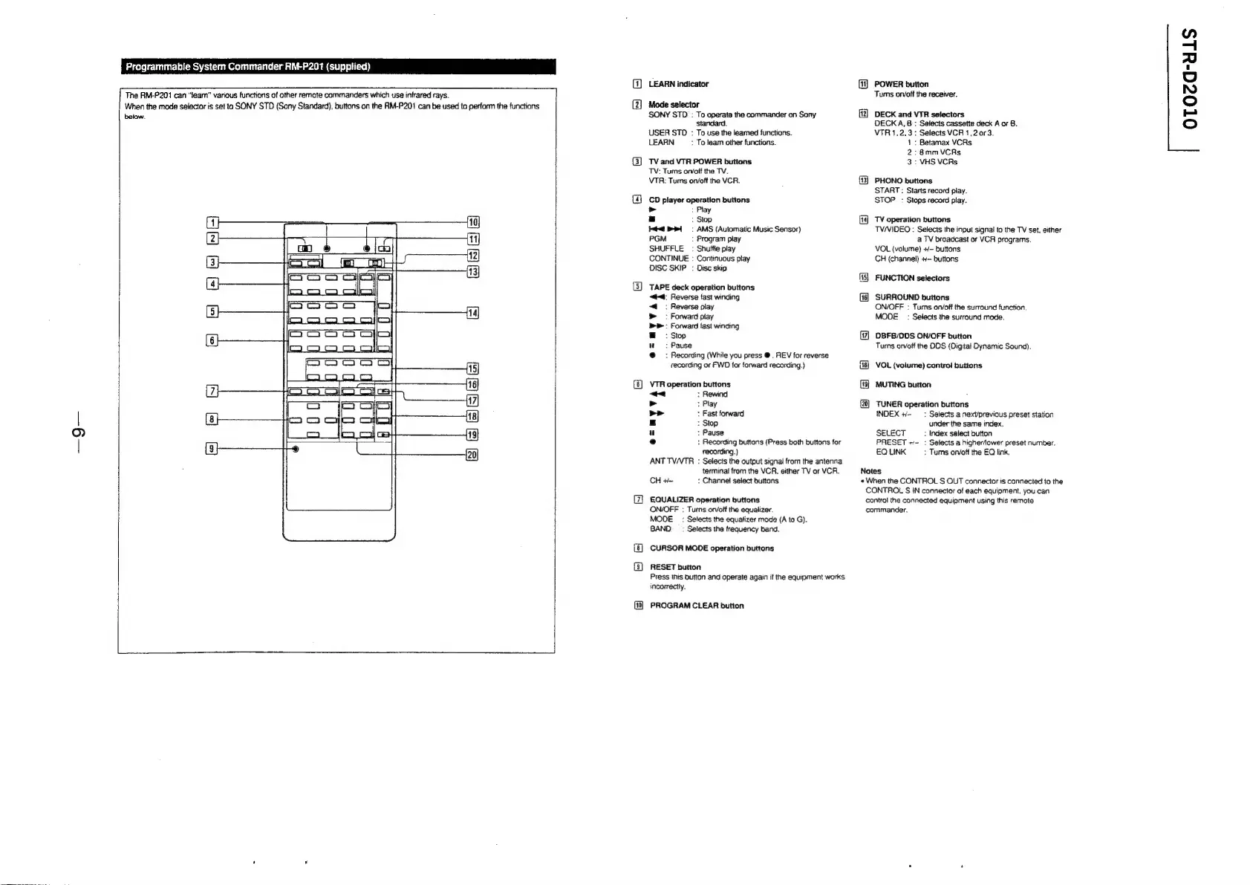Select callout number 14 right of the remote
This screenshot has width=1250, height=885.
tap(472, 313)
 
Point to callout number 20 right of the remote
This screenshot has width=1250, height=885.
tap(472, 455)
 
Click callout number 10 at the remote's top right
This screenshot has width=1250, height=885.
tap(472, 221)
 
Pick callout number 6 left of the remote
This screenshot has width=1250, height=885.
tap(213, 340)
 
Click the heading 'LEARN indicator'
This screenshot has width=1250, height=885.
tap(678, 84)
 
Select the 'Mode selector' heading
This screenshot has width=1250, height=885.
tap(674, 105)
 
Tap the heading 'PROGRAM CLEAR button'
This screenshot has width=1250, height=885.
tap(697, 606)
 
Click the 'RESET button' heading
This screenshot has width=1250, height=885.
tap(675, 567)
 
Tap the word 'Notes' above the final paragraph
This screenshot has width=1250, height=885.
tap(870, 471)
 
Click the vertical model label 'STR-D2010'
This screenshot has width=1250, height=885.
tap(1188, 88)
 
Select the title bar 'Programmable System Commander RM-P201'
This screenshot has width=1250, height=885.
tap(248, 66)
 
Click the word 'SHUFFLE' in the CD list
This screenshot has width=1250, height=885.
tap(666, 249)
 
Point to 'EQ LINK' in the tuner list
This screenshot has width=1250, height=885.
tap(891, 452)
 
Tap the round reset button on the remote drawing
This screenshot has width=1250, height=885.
tap(296, 450)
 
